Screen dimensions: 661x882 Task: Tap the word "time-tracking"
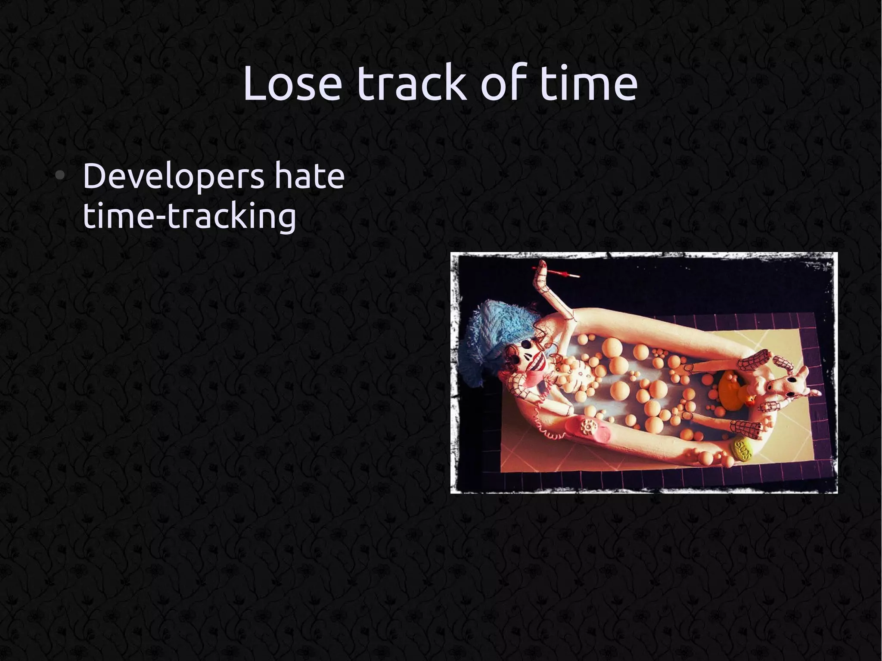[189, 216]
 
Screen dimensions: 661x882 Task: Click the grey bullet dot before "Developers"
[61, 175]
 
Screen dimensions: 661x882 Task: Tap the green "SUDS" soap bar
[744, 449]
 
